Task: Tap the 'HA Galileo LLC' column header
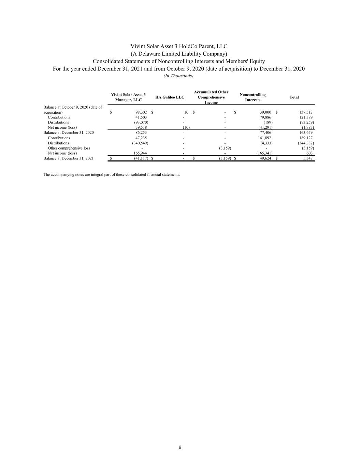click(170, 97)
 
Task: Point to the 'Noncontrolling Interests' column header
click(253, 97)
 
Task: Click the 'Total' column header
click(294, 97)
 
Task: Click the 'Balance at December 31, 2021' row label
click(68, 158)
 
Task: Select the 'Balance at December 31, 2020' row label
click(68, 132)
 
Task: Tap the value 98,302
click(141, 112)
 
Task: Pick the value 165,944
click(140, 153)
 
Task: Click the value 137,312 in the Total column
click(306, 112)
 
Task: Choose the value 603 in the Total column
click(309, 153)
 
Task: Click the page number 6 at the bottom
click(180, 448)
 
